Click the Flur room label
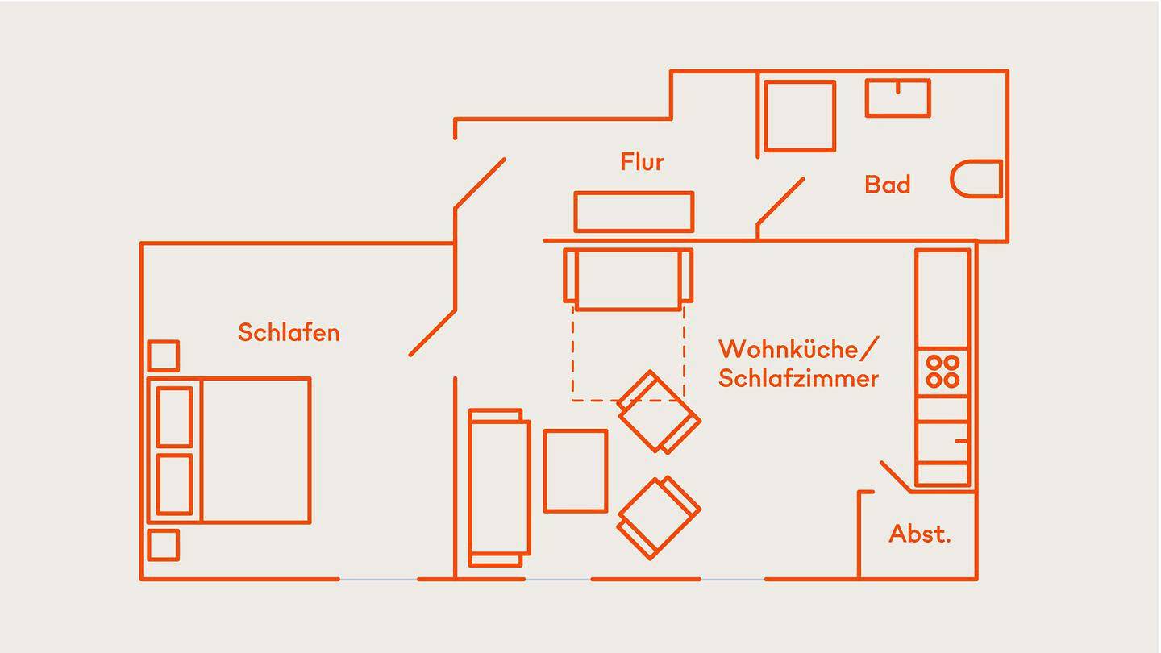pos(642,162)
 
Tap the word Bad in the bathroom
pos(887,185)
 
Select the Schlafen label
pos(289,332)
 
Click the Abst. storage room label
pos(919,534)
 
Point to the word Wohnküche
pos(789,350)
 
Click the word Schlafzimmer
pos(798,378)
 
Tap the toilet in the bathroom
pos(977,179)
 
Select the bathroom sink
pos(897,98)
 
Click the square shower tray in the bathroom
pos(800,115)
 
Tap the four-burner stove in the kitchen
pos(942,372)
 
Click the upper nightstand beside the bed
pos(164,356)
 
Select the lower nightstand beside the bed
pos(164,544)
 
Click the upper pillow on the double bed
pos(174,417)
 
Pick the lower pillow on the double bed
pos(174,485)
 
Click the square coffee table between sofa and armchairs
pos(575,471)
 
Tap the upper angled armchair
pos(658,412)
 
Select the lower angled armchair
pos(658,517)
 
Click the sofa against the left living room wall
pos(499,488)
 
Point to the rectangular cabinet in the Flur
pos(634,211)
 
